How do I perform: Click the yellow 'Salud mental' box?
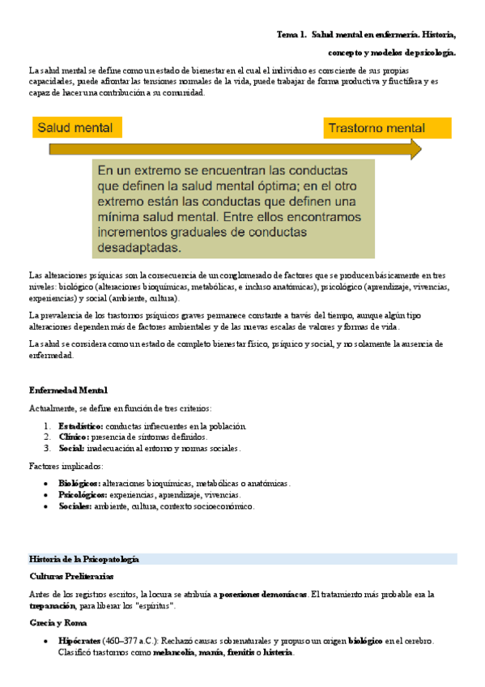pyautogui.click(x=78, y=128)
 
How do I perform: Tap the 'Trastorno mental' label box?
pyautogui.click(x=387, y=128)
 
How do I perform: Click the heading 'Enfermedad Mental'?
pyautogui.click(x=68, y=390)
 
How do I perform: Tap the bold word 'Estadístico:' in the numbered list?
pyautogui.click(x=81, y=426)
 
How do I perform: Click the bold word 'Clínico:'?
pyautogui.click(x=74, y=437)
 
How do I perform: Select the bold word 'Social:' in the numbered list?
pyautogui.click(x=71, y=448)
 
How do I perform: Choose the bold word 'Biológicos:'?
pyautogui.click(x=79, y=484)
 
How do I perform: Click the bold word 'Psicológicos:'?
pyautogui.click(x=83, y=495)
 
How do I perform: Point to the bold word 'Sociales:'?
pyautogui.click(x=74, y=506)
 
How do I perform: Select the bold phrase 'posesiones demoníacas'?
pyautogui.click(x=263, y=595)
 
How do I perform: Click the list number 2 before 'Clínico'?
pyautogui.click(x=47, y=437)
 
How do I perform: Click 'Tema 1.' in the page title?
pyautogui.click(x=291, y=35)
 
